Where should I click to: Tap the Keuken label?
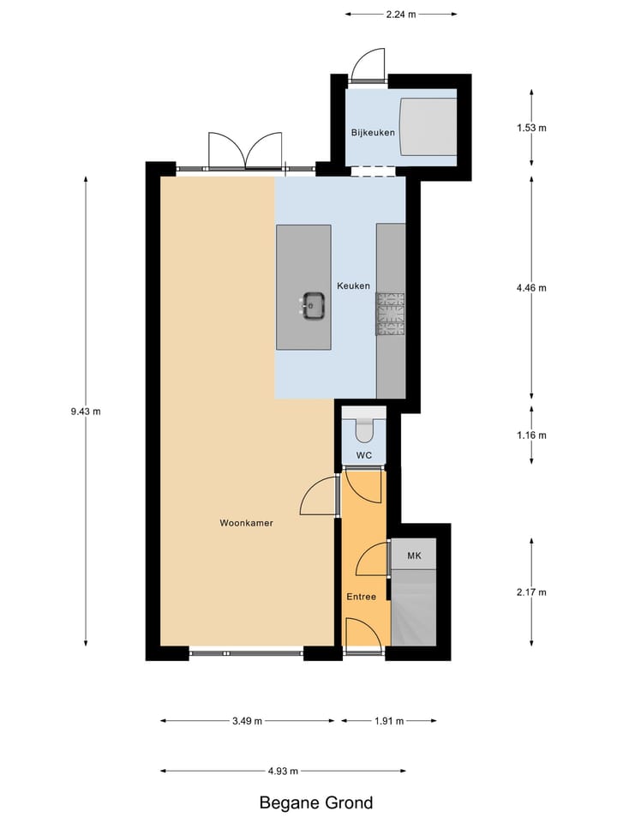pyautogui.click(x=353, y=286)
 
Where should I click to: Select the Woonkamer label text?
pyautogui.click(x=246, y=522)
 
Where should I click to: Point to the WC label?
pyautogui.click(x=363, y=455)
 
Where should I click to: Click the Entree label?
pyautogui.click(x=361, y=597)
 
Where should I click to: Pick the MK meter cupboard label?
pyautogui.click(x=415, y=556)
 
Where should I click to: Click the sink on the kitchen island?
pyautogui.click(x=313, y=304)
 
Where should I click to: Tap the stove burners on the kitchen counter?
pyautogui.click(x=390, y=313)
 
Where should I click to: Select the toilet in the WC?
pyautogui.click(x=363, y=424)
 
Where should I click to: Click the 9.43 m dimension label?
pyautogui.click(x=86, y=411)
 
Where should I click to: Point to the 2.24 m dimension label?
pyautogui.click(x=401, y=14)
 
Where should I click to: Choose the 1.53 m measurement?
pyautogui.click(x=531, y=128)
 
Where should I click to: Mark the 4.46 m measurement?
pyautogui.click(x=531, y=288)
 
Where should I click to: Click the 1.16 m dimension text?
pyautogui.click(x=531, y=435)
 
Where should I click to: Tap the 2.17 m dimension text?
pyautogui.click(x=531, y=592)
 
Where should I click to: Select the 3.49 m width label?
pyautogui.click(x=247, y=721)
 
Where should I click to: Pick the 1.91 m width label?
pyautogui.click(x=388, y=721)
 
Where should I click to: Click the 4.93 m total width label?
pyautogui.click(x=283, y=771)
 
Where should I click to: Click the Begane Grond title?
pyautogui.click(x=316, y=803)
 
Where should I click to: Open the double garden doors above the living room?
pyautogui.click(x=246, y=151)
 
